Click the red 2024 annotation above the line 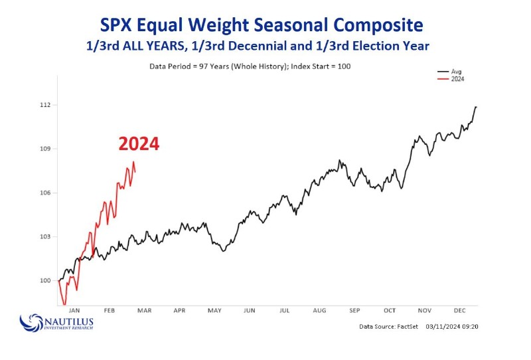[139, 144]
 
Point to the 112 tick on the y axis [46, 105]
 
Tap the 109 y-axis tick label [46, 149]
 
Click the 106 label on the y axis [46, 193]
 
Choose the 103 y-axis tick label [46, 236]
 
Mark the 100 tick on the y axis [46, 280]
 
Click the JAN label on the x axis [75, 310]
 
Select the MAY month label [214, 310]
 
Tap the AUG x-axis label [319, 310]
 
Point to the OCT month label [389, 310]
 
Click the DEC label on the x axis [459, 310]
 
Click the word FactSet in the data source [404, 327]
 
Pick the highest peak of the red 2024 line [133, 161]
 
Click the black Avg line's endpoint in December [476, 106]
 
